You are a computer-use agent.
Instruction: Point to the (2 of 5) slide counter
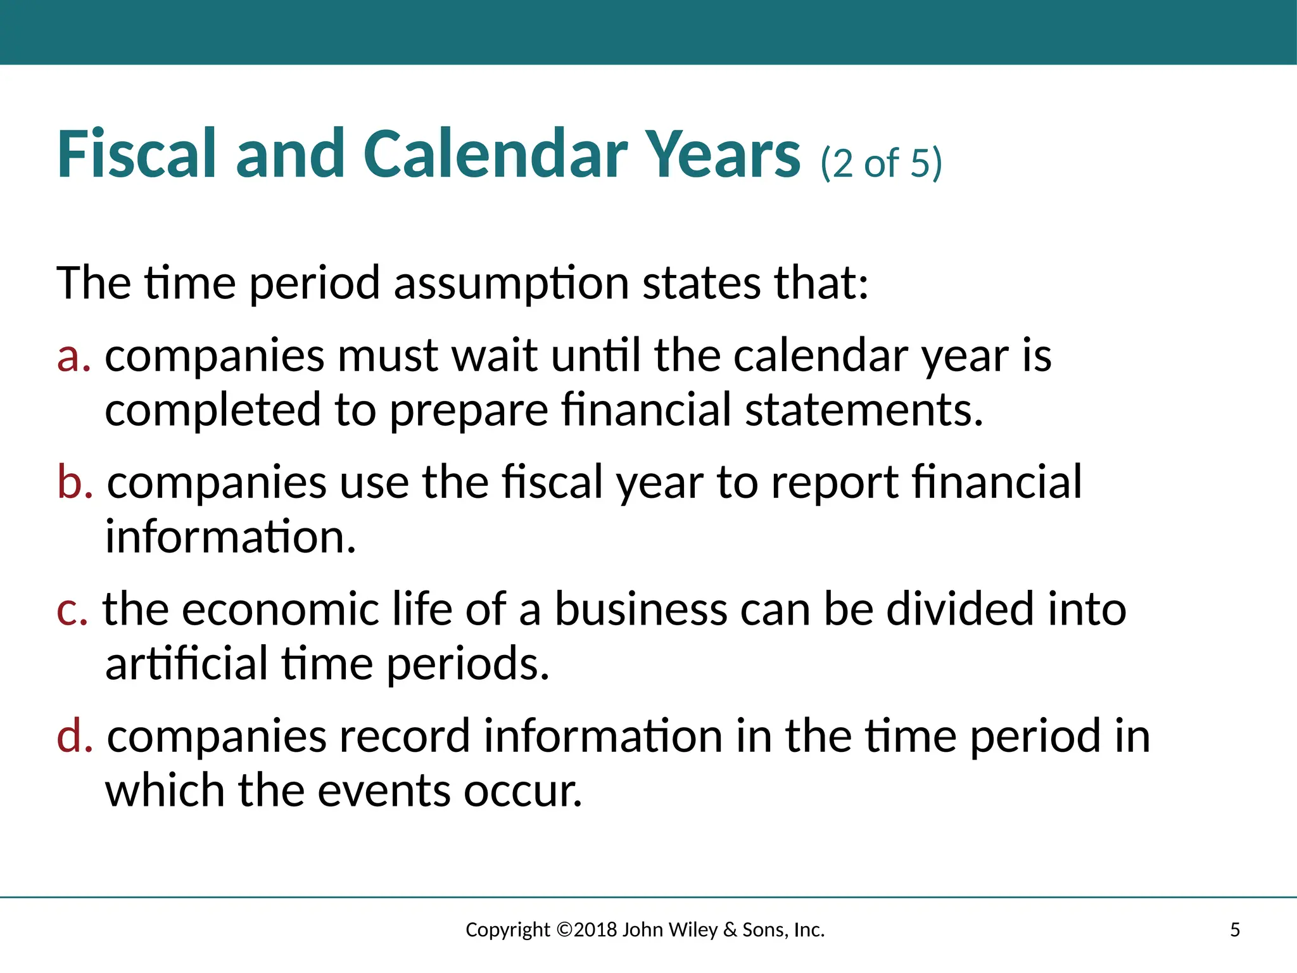pyautogui.click(x=881, y=163)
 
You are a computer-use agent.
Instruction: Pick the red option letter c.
pyautogui.click(x=72, y=609)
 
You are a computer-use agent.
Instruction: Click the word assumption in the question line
pyautogui.click(x=511, y=283)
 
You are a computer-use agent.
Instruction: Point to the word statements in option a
pyautogui.click(x=864, y=410)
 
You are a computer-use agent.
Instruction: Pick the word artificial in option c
pyautogui.click(x=187, y=664)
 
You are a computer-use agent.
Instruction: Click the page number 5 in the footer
pyautogui.click(x=1234, y=930)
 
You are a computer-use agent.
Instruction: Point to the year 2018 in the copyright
pyautogui.click(x=595, y=930)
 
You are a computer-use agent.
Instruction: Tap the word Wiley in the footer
pyautogui.click(x=693, y=930)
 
